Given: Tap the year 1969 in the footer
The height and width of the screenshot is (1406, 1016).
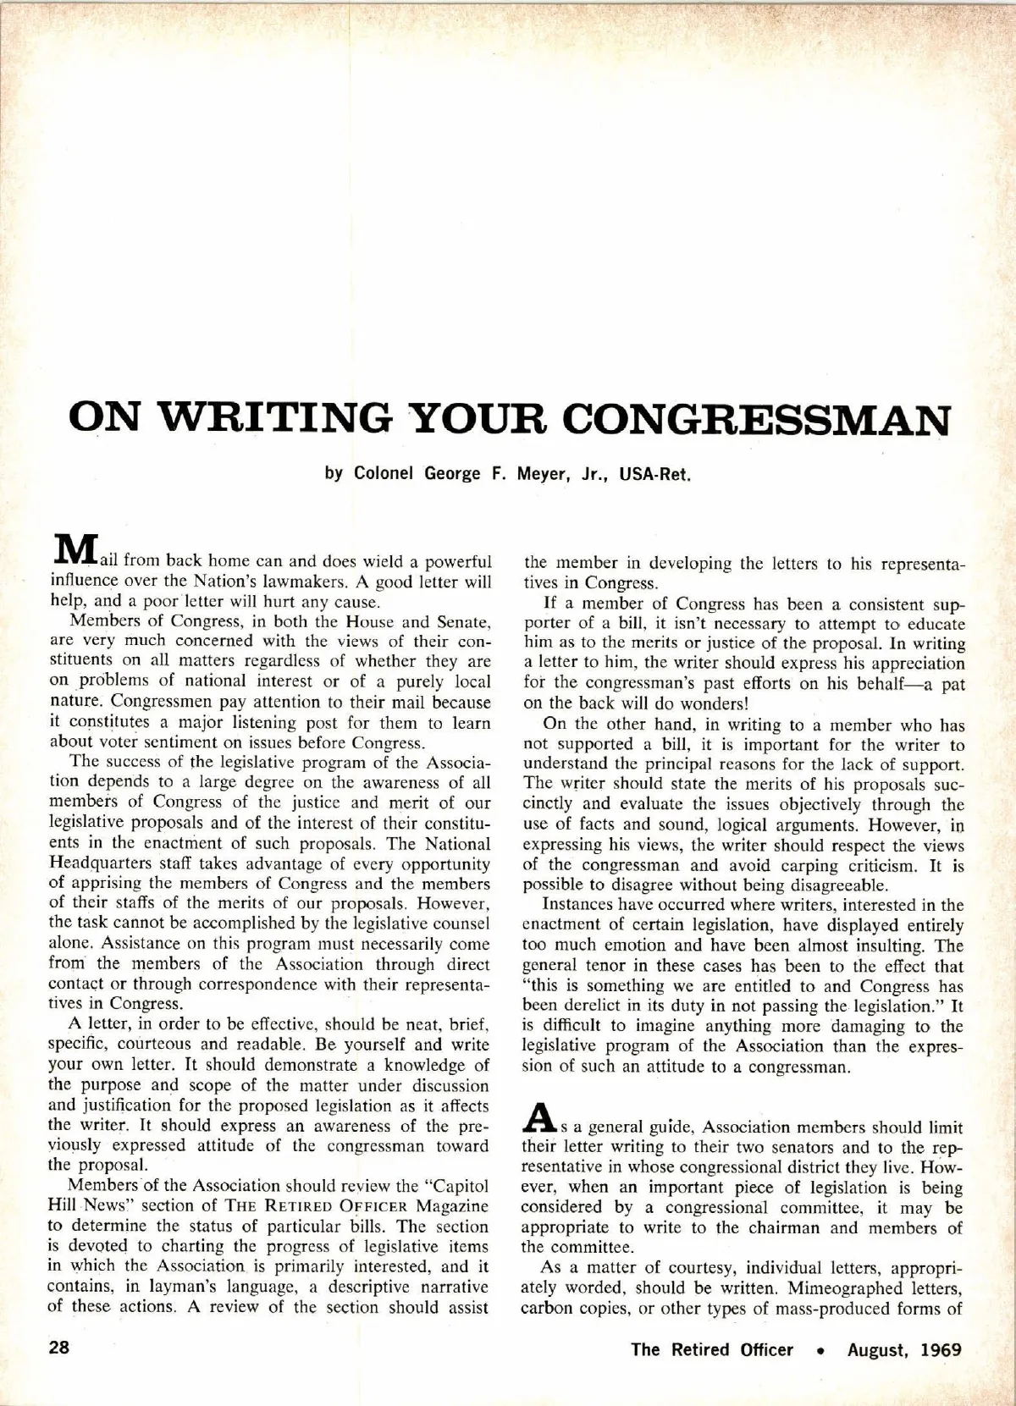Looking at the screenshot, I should pos(939,1349).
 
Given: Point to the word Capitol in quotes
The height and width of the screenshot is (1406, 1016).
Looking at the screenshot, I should pos(443,1185).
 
